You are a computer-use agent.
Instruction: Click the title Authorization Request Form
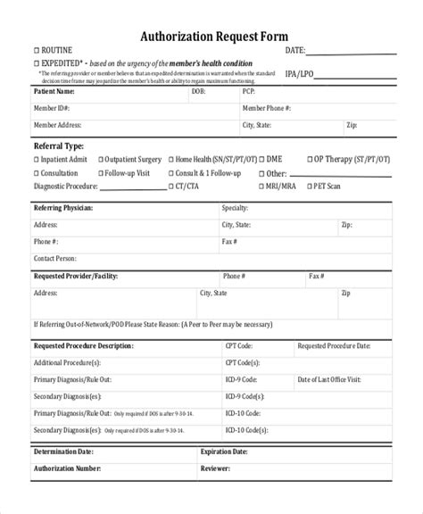click(x=211, y=37)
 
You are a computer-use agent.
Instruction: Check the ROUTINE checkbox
click(x=37, y=51)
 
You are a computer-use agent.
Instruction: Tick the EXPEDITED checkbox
click(x=37, y=63)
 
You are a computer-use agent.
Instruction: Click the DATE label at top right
click(x=296, y=51)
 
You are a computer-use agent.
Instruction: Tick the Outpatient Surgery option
click(x=100, y=160)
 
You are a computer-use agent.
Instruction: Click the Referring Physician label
click(x=63, y=208)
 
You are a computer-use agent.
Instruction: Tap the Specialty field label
click(x=235, y=208)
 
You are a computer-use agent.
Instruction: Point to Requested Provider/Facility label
click(x=77, y=277)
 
